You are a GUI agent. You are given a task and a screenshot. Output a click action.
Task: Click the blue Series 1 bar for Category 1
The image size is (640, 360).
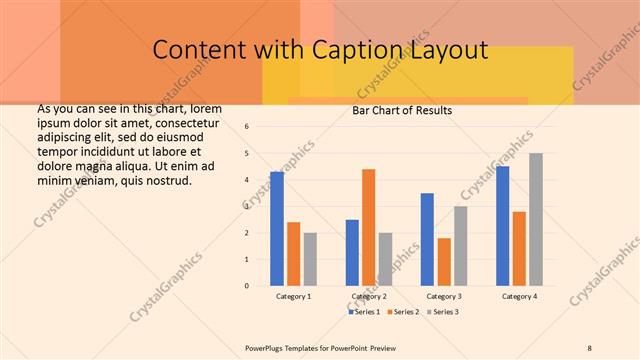pyautogui.click(x=277, y=229)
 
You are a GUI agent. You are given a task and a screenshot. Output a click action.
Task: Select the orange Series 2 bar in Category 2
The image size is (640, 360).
pyautogui.click(x=368, y=227)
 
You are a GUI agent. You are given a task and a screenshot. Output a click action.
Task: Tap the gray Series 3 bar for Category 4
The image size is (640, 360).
pyautogui.click(x=536, y=219)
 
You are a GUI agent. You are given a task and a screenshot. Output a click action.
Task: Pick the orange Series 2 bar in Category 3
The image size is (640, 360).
pyautogui.click(x=444, y=262)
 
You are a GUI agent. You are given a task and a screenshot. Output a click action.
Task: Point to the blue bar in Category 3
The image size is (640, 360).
pyautogui.click(x=427, y=239)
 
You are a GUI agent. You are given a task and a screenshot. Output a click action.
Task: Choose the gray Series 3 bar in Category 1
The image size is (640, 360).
pyautogui.click(x=310, y=259)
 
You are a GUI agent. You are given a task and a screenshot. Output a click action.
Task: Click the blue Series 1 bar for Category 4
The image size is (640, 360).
pyautogui.click(x=502, y=226)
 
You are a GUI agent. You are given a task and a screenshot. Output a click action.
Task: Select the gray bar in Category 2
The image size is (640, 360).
pyautogui.click(x=385, y=259)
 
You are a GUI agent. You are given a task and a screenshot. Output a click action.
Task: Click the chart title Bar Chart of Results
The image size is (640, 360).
pyautogui.click(x=402, y=111)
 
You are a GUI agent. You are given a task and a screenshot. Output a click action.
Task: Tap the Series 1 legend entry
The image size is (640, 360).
pyautogui.click(x=364, y=312)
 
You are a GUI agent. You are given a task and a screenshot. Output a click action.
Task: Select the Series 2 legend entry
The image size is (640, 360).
pyautogui.click(x=402, y=312)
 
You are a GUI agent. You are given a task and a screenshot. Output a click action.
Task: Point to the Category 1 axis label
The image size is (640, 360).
pyautogui.click(x=294, y=297)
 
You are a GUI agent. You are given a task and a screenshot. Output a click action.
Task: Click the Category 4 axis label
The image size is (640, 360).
pyautogui.click(x=519, y=297)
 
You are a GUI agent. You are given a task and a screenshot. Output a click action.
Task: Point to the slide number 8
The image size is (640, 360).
pyautogui.click(x=589, y=347)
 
